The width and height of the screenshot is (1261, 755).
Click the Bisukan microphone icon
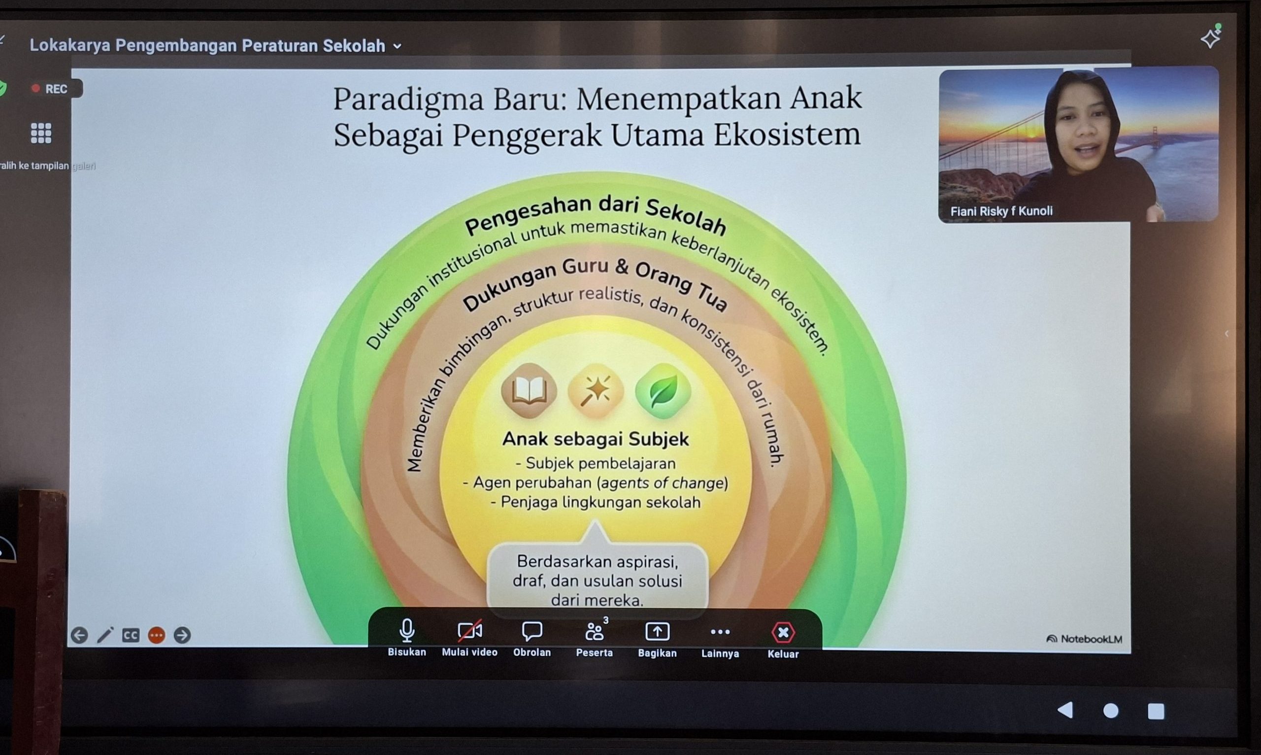tap(407, 630)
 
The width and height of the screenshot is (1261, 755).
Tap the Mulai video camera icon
tap(469, 631)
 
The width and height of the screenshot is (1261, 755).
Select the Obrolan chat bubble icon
tap(532, 631)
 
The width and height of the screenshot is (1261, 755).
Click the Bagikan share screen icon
tap(658, 632)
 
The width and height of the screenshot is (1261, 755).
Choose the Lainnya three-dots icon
tap(720, 632)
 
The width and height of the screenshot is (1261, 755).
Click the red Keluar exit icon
tap(783, 632)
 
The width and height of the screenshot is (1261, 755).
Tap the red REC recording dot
tap(35, 89)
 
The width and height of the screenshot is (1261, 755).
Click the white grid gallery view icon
tap(41, 133)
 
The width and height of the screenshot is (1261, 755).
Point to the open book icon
tap(530, 391)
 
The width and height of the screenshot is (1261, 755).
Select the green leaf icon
tap(663, 391)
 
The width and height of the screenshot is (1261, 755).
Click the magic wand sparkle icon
tap(596, 391)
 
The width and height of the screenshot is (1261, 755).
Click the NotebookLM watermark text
tap(1085, 639)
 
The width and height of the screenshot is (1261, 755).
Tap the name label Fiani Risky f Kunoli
tap(1001, 211)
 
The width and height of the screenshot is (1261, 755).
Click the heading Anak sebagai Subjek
tap(596, 439)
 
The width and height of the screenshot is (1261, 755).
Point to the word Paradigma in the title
tap(408, 99)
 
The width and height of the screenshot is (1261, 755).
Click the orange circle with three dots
tap(157, 635)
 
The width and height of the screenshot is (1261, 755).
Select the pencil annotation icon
tap(105, 635)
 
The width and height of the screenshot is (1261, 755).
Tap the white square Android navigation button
tap(1156, 711)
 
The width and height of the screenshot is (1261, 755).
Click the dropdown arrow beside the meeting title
tap(398, 46)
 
